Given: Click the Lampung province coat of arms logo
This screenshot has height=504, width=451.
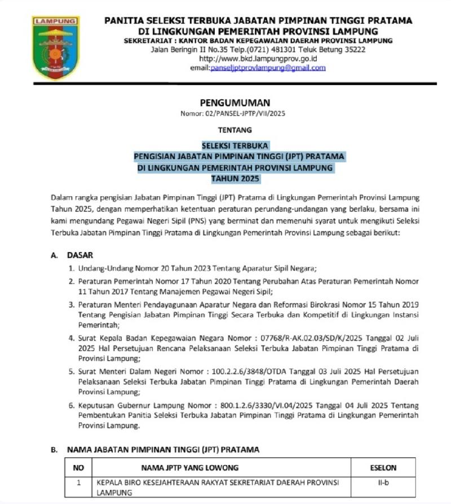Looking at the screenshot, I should tap(55, 47).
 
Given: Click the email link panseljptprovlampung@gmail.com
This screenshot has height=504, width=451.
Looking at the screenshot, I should tap(268, 68).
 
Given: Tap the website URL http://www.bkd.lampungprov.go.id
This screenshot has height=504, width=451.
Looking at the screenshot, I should tap(259, 59).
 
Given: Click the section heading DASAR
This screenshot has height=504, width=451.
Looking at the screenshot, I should tap(80, 255).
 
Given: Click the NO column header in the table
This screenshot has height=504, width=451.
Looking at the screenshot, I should tap(79, 467).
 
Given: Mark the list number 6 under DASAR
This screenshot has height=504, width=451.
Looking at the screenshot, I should tap(72, 406).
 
